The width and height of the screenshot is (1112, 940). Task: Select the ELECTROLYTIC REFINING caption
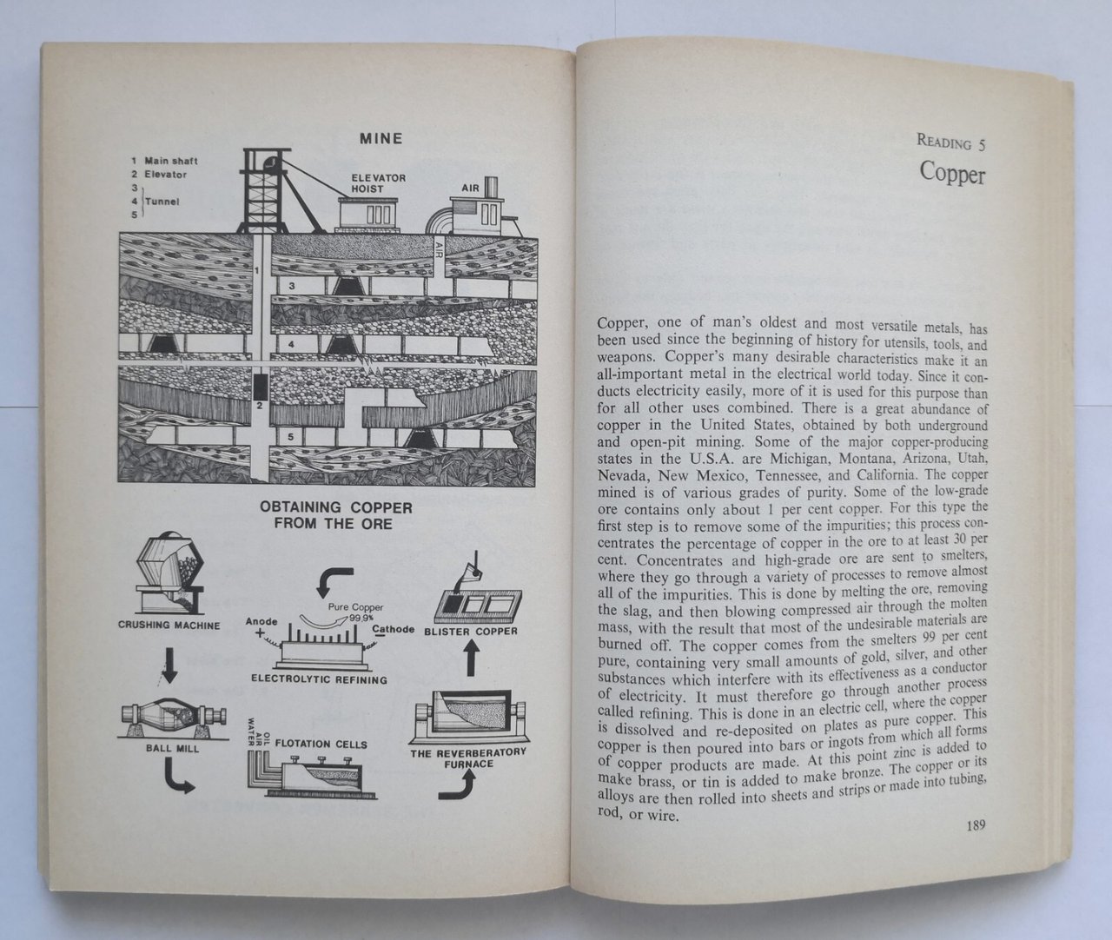point(319,679)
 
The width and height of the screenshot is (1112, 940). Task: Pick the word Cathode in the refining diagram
point(394,629)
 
